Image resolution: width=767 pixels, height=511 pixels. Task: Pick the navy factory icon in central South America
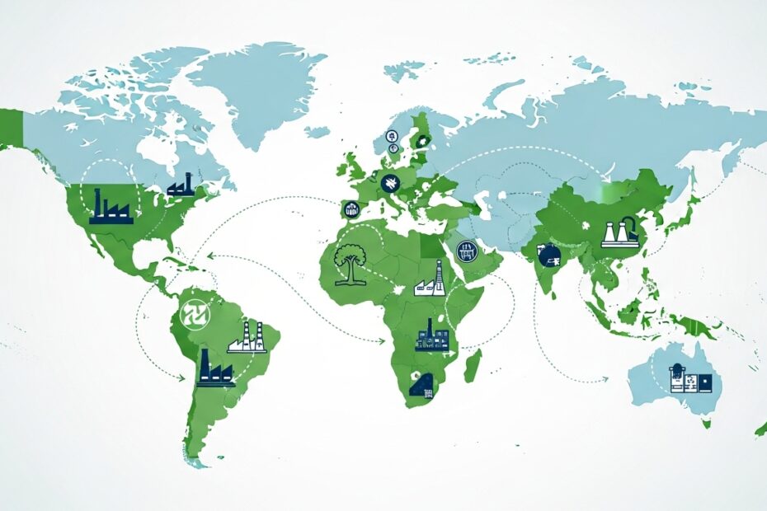pyautogui.click(x=214, y=368)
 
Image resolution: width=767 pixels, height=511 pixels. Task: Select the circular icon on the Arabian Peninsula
pyautogui.click(x=466, y=250)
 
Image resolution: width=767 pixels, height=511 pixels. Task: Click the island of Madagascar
pyautogui.click(x=473, y=365)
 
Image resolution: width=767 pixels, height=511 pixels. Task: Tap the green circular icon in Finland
pyautogui.click(x=422, y=141)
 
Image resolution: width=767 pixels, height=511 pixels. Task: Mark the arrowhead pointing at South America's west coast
pyautogui.click(x=182, y=378)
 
